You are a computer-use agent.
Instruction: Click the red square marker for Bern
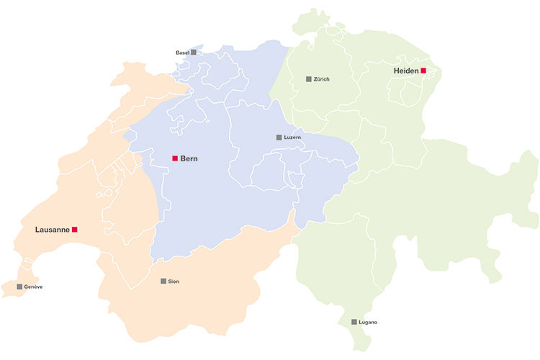[174, 158]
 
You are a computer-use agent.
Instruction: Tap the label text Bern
[189, 158]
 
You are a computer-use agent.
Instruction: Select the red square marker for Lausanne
[74, 230]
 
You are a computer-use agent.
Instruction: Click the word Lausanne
[52, 230]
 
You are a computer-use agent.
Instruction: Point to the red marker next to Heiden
[423, 71]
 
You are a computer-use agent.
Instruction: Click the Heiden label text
[406, 71]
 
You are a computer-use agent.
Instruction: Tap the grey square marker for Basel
[193, 53]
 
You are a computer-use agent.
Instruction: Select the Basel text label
[182, 53]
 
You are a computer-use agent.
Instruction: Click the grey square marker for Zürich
[308, 78]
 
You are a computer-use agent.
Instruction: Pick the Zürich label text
[321, 79]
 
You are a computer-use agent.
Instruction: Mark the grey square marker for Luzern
[279, 137]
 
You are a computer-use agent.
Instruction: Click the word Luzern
[292, 137]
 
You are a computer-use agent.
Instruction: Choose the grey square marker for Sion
[163, 281]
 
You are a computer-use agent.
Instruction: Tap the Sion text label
[174, 282]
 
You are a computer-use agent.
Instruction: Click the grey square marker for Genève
[19, 287]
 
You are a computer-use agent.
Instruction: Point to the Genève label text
[33, 287]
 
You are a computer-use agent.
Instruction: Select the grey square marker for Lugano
[354, 322]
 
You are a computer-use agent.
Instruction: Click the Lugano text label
[367, 322]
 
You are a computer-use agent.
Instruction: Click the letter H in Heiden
[397, 71]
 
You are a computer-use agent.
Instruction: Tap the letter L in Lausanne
[37, 230]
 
